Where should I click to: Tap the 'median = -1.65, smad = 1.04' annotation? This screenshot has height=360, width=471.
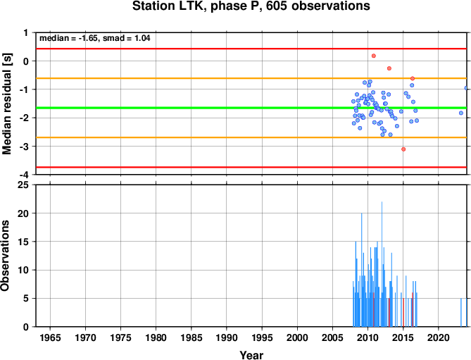pos(95,38)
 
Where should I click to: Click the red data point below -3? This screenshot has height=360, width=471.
pos(403,149)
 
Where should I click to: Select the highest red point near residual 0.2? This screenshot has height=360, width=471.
pos(374,56)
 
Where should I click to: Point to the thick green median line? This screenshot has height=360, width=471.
pos(251,108)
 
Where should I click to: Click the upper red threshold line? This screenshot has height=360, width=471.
pos(251,49)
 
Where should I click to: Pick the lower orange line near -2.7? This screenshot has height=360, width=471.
pos(251,137)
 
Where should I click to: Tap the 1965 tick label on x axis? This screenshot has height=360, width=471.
pos(50,337)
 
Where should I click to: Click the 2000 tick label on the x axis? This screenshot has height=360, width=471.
pos(297,337)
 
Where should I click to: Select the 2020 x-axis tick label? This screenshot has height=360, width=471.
pos(439,337)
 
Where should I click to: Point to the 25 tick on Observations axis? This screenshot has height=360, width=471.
pos(23,185)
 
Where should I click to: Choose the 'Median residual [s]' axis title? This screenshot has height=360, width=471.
pos(6,104)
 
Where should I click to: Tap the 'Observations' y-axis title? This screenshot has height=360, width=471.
pos(5,256)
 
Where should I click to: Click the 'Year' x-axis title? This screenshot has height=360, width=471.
pos(251,355)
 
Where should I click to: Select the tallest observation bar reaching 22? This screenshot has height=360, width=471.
pos(382,264)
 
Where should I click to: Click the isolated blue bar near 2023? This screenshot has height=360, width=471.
pos(460,313)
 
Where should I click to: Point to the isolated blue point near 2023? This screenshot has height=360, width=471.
pos(461,113)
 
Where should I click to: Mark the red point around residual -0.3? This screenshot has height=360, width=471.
pos(389,68)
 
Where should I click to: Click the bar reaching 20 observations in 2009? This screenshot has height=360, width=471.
pos(361,270)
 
